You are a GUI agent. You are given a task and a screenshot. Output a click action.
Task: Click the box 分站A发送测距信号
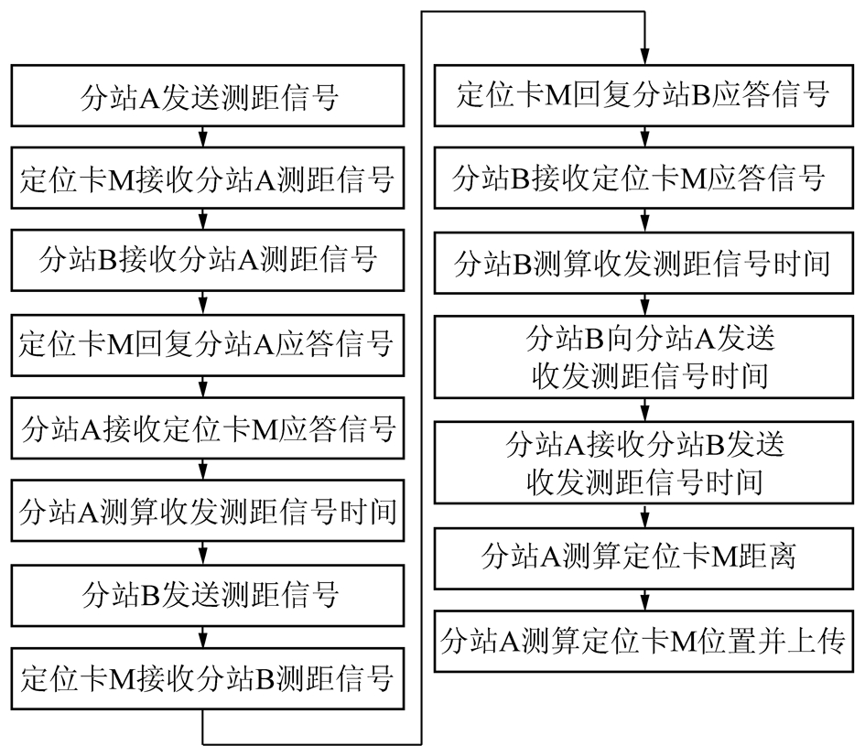coord(208,95)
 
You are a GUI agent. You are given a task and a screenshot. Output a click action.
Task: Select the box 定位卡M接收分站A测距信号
coord(208,178)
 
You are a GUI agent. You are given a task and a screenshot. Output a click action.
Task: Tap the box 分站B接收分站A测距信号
coord(208,261)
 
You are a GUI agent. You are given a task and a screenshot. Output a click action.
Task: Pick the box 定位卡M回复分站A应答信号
coord(208,345)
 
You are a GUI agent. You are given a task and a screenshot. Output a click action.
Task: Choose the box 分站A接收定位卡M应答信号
coord(208,428)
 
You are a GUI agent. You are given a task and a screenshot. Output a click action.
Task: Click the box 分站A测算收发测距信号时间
coord(208,511)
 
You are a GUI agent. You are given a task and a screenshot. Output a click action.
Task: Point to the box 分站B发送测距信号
coord(208,595)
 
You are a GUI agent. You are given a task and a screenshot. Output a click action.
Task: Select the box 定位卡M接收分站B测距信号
coord(208,678)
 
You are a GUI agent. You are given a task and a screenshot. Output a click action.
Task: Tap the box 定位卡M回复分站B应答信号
coord(643,95)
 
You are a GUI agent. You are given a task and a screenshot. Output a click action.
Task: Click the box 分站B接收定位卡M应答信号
coord(643,178)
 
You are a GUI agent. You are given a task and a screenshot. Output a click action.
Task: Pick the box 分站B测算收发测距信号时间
coord(643,263)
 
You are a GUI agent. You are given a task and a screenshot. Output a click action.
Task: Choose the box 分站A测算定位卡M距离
coord(643,558)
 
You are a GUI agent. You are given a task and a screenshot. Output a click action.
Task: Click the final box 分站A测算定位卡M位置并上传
coord(643,641)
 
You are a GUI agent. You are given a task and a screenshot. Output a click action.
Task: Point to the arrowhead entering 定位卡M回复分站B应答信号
coord(644,58)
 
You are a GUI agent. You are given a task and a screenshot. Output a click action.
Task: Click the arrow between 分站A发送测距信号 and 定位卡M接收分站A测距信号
coord(203,136)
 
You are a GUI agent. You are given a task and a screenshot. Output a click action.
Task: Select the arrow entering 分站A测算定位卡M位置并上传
coord(644,600)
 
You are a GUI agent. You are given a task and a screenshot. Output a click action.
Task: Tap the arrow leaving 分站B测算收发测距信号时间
coord(644,304)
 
